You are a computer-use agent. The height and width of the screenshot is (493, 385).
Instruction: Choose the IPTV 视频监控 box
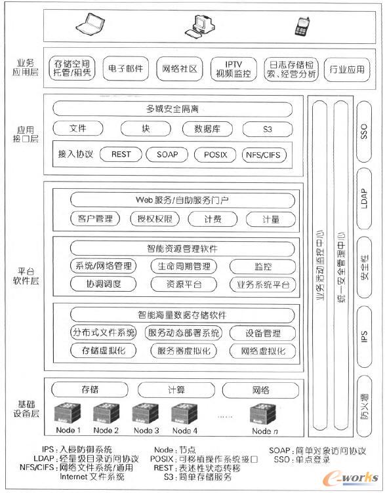[x=233, y=68]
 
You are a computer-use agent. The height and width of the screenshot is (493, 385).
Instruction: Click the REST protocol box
[x=121, y=155]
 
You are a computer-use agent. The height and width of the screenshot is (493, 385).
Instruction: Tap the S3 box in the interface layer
[x=267, y=129]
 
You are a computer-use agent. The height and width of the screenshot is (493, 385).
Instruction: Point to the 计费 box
[x=212, y=219]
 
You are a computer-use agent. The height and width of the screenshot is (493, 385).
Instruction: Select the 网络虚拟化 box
[x=263, y=351]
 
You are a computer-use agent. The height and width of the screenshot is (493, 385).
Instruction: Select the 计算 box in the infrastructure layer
[x=176, y=390]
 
